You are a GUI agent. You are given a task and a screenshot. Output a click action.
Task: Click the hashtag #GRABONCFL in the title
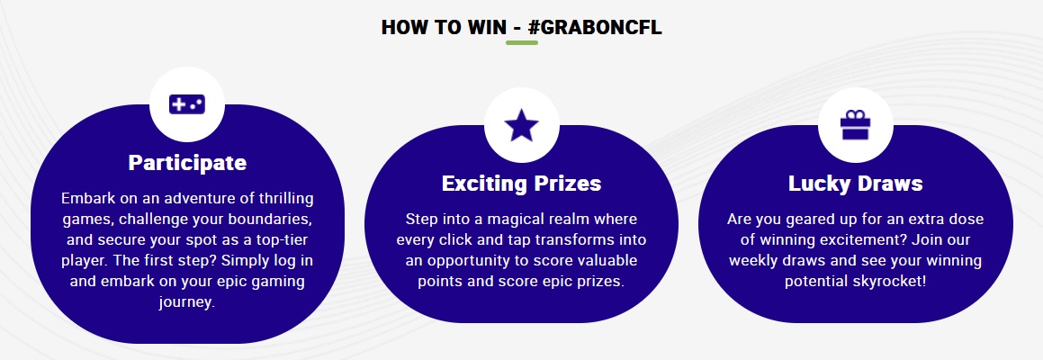(x=595, y=27)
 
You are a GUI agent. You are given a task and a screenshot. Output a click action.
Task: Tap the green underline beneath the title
(x=522, y=42)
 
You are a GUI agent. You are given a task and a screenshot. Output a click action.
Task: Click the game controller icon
(x=187, y=104)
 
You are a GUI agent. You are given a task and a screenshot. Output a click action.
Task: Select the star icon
(x=521, y=125)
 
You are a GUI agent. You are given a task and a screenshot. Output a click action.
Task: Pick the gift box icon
(x=855, y=124)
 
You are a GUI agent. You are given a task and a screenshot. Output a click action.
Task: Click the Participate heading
(x=187, y=162)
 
